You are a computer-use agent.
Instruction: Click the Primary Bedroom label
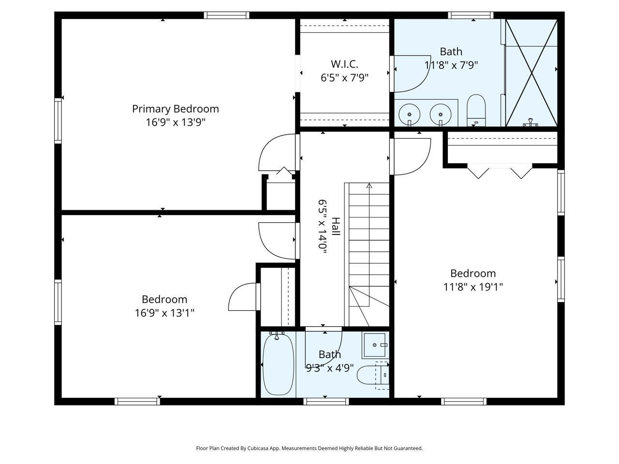point(176,109)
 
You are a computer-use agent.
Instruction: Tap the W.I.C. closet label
point(344,64)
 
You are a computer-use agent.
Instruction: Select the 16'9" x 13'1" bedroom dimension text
point(164,313)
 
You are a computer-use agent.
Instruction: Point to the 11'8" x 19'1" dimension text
point(473,287)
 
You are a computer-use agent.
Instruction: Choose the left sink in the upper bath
point(409,114)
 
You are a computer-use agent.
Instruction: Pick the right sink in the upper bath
point(440,114)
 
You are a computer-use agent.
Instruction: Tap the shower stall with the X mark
point(531,72)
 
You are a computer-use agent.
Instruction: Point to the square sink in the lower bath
point(374,345)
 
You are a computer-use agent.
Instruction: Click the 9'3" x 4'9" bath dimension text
point(330,368)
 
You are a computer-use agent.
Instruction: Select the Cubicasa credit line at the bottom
point(309,448)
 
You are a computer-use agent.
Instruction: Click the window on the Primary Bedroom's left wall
point(58,120)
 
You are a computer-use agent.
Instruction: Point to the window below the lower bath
point(326,401)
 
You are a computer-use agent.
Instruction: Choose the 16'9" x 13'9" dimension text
point(176,122)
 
